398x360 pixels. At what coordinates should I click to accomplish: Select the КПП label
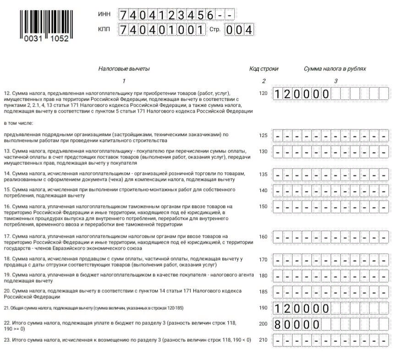click(x=105, y=30)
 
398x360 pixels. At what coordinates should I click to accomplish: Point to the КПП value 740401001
click(x=162, y=30)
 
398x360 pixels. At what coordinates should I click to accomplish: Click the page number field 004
click(x=239, y=30)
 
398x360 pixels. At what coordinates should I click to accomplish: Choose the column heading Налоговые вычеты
click(x=124, y=69)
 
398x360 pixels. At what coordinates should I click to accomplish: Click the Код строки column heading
click(x=264, y=69)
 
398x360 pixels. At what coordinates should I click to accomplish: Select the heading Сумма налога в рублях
click(x=335, y=69)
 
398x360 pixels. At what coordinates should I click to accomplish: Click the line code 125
click(x=263, y=135)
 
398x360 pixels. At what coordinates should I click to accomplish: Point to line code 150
click(x=263, y=207)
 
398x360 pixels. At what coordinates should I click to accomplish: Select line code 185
click(x=263, y=291)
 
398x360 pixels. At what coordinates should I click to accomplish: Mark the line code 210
click(x=263, y=340)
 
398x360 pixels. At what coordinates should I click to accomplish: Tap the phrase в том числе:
click(x=19, y=123)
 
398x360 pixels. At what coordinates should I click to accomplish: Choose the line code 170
click(x=263, y=260)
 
